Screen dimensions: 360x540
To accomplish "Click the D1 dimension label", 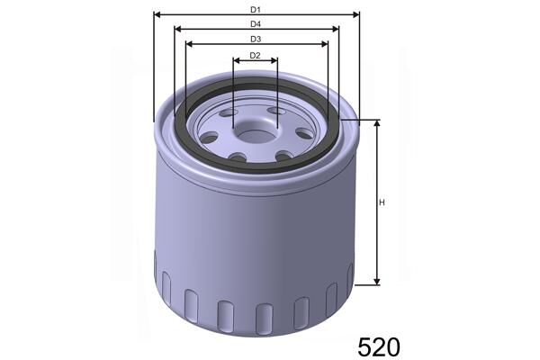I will pyautogui.click(x=256, y=8).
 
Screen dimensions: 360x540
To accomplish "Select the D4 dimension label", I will pyautogui.click(x=256, y=23).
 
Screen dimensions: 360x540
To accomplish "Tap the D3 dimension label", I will pyautogui.click(x=256, y=39).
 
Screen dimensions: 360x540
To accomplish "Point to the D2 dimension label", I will pyautogui.click(x=255, y=56).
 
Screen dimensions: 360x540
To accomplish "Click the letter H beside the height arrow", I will pyautogui.click(x=382, y=202).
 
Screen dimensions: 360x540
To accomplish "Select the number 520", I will pyautogui.click(x=378, y=346).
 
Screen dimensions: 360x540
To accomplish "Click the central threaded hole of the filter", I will pyautogui.click(x=255, y=135).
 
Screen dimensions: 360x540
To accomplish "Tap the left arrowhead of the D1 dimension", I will pyautogui.click(x=158, y=15).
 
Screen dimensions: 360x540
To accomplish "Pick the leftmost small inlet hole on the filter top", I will pyautogui.click(x=207, y=137).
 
